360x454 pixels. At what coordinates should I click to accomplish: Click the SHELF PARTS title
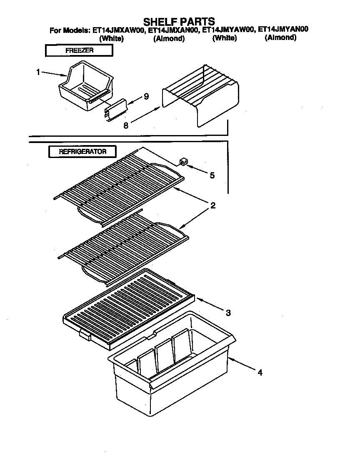[x=179, y=21]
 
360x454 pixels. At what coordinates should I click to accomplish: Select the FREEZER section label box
[x=79, y=50]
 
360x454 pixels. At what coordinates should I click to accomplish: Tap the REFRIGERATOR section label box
[x=82, y=151]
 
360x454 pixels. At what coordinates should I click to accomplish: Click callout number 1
[x=38, y=72]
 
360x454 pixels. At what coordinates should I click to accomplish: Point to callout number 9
[x=146, y=97]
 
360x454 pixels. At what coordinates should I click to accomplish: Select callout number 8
[x=125, y=124]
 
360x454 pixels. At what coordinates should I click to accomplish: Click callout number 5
[x=212, y=176]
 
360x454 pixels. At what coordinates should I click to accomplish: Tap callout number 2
[x=212, y=206]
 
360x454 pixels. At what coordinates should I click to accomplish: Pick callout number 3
[x=228, y=312]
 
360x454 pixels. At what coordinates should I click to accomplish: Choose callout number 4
[x=260, y=373]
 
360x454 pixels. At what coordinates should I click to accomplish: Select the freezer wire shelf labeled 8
[x=200, y=94]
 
